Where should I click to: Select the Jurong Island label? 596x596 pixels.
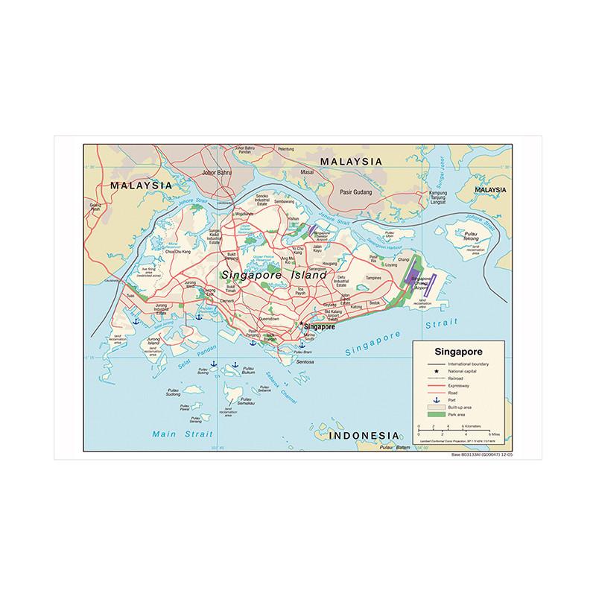pyautogui.click(x=154, y=343)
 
